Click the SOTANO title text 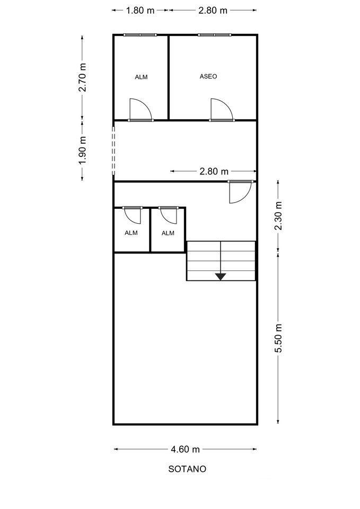[187, 469]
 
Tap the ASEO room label [208, 76]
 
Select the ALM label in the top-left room [141, 77]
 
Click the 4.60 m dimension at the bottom [185, 449]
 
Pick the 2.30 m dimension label [278, 216]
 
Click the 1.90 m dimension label [82, 151]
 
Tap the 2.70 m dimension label [82, 78]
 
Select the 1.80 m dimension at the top [141, 10]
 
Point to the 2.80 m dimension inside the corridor [214, 171]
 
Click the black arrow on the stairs [221, 276]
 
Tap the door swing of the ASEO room [221, 110]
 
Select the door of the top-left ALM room [141, 110]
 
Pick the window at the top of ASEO [214, 35]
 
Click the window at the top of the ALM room [140, 35]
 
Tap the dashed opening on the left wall [113, 150]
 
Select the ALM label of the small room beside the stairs [168, 233]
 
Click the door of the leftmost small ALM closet [131, 214]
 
